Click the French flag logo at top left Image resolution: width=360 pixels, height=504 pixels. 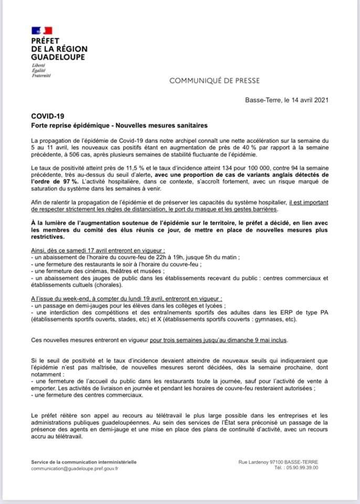coord(41,30)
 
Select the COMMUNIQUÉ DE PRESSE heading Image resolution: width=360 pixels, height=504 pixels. coord(214,81)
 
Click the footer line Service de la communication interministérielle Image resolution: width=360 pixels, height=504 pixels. coord(84,462)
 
